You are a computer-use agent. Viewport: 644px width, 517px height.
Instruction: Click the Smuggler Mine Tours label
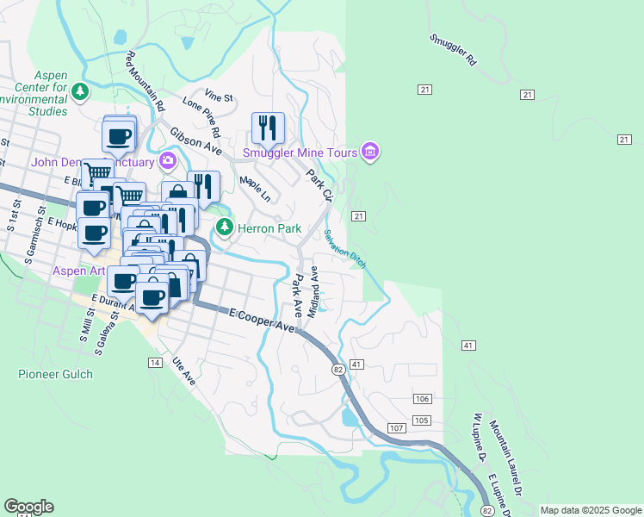click(299, 153)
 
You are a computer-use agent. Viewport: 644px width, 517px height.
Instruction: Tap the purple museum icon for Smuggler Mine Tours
click(370, 153)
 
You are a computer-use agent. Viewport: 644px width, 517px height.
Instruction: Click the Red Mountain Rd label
click(145, 82)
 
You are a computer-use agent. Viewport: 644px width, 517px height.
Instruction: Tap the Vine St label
click(220, 97)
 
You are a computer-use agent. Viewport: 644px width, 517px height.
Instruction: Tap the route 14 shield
click(155, 363)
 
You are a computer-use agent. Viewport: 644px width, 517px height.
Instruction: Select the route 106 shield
click(421, 399)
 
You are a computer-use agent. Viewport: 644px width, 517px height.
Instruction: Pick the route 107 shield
click(396, 428)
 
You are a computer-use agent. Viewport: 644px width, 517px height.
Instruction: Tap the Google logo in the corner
click(28, 507)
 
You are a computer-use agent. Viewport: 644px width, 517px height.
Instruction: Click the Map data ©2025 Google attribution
click(590, 510)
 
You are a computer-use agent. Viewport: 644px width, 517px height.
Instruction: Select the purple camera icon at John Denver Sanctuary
click(167, 161)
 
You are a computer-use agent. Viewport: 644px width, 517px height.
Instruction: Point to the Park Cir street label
click(319, 184)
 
